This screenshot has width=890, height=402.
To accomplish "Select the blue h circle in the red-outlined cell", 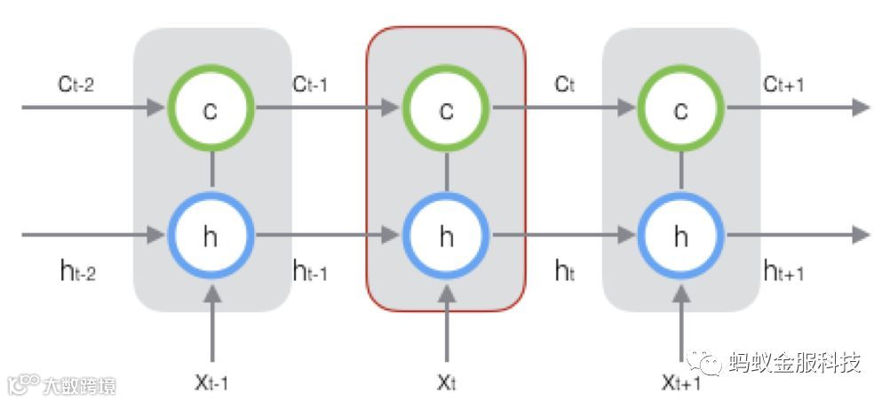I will point(446,235).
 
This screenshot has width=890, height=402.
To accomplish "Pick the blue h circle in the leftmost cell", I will point(211,235).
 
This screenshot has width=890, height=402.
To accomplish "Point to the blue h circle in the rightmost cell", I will point(680,235).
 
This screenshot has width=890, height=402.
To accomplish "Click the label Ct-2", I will point(75,84).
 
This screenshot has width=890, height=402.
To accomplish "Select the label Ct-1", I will point(310,84).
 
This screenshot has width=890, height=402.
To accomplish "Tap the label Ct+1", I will point(783,84).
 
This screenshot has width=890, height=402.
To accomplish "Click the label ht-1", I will point(310,272).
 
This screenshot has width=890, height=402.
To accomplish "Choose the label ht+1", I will point(783,272).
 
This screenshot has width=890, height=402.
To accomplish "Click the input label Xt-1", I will point(211,383).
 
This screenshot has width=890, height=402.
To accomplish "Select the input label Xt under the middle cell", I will point(446,383).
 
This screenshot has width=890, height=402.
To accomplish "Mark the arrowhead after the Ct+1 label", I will point(860,108).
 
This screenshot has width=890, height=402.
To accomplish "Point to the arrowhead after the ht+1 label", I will point(860,235).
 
